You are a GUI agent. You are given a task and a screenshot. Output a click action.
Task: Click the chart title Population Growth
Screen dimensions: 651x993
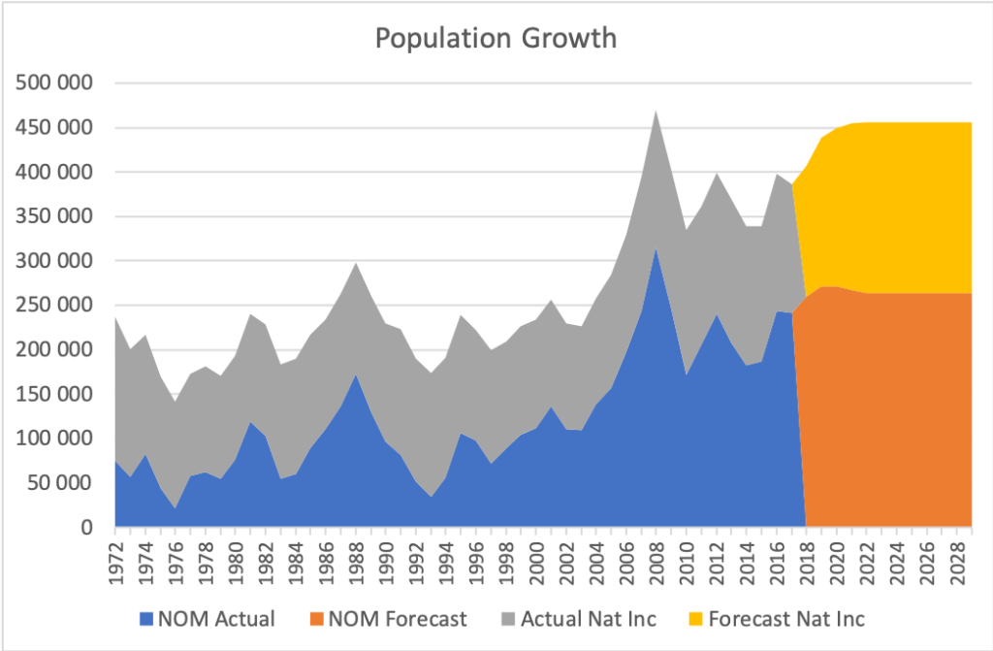495,39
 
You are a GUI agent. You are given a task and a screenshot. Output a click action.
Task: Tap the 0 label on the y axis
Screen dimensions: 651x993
86,528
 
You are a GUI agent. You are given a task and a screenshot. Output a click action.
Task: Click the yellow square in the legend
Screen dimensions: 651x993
693,618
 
